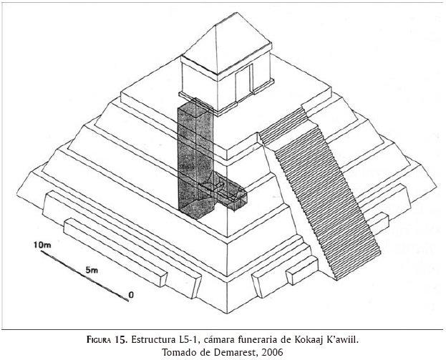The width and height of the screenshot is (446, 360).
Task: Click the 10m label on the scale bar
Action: [x=43, y=245]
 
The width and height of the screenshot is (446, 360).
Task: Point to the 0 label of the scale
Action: [x=131, y=293]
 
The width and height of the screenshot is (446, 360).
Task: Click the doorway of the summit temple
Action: [x=248, y=81]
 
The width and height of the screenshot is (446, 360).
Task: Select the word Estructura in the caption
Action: [x=168, y=338]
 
